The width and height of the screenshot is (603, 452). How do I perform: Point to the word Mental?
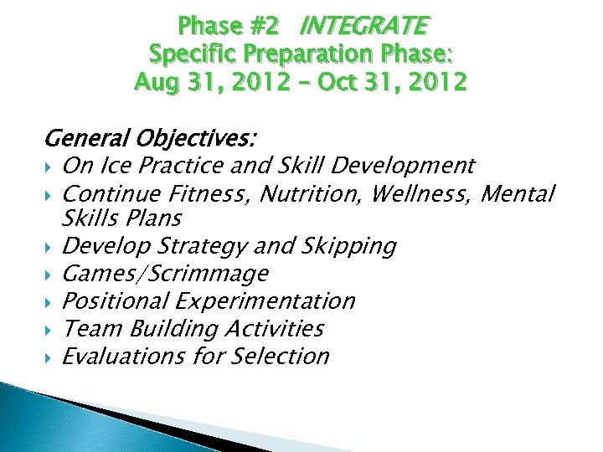coord(519,194)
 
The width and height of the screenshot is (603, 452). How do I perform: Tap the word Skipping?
coord(348,246)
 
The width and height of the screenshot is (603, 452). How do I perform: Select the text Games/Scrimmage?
coord(166,274)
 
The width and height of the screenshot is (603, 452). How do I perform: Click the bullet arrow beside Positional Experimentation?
coord(52,301)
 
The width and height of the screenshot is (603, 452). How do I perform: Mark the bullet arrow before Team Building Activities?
coord(52,329)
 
